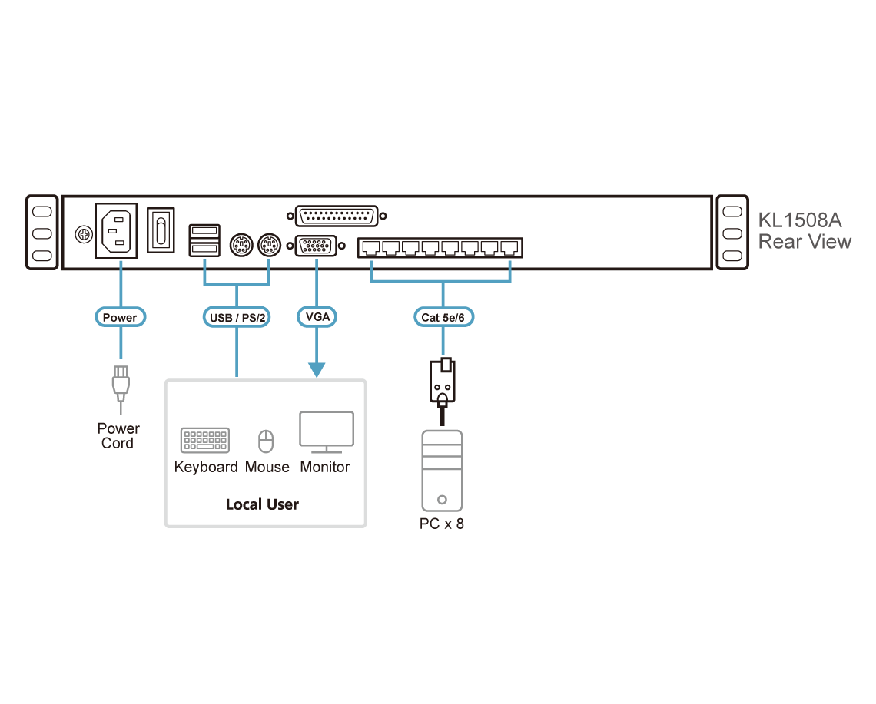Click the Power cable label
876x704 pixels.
pyautogui.click(x=119, y=316)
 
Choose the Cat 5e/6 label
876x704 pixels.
pyautogui.click(x=443, y=316)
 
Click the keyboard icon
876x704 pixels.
pyautogui.click(x=204, y=440)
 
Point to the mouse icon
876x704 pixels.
pyautogui.click(x=265, y=441)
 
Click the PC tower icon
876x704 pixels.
pyautogui.click(x=443, y=470)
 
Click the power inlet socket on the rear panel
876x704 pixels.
pyautogui.click(x=116, y=230)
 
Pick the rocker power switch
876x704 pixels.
pyautogui.click(x=161, y=229)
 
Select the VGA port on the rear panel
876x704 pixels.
pyautogui.click(x=316, y=247)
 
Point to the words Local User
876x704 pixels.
pyautogui.click(x=262, y=504)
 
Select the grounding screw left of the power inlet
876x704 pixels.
pyautogui.click(x=80, y=233)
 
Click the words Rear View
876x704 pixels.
pyautogui.click(x=804, y=242)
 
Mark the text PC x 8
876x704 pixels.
pyautogui.click(x=443, y=524)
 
